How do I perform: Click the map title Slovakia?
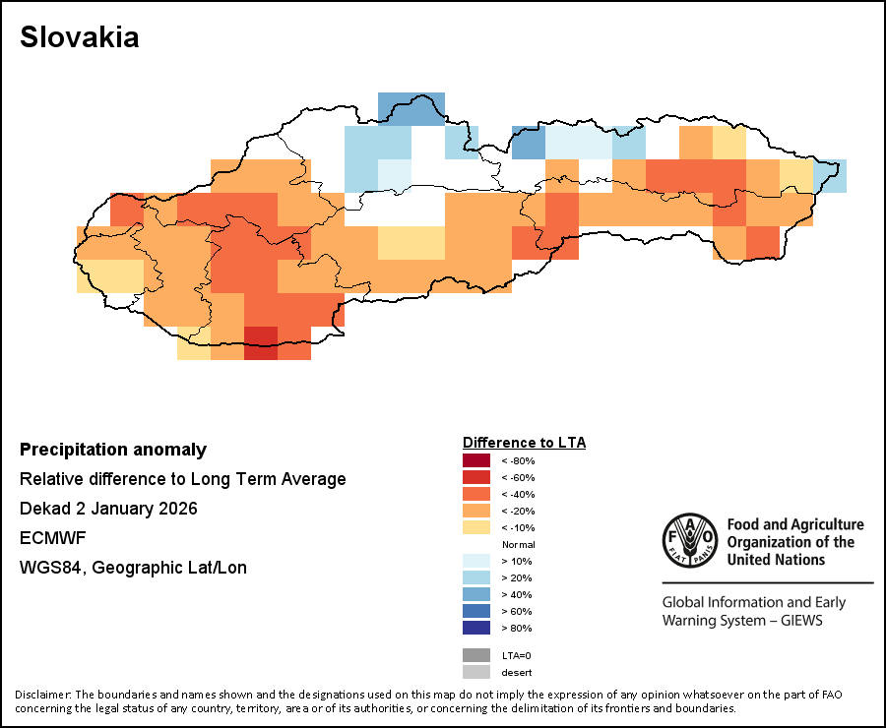pyautogui.click(x=80, y=37)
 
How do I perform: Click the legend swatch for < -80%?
pyautogui.click(x=476, y=460)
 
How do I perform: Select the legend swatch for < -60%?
pyautogui.click(x=476, y=477)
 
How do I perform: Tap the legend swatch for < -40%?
pyautogui.click(x=476, y=494)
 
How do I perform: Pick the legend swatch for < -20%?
pyautogui.click(x=476, y=511)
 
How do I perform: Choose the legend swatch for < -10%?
pyautogui.click(x=476, y=527)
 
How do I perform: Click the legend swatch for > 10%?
pyautogui.click(x=476, y=561)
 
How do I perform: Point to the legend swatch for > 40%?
pyautogui.click(x=476, y=594)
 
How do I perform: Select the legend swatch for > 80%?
pyautogui.click(x=476, y=628)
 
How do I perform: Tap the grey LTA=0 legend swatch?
pyautogui.click(x=476, y=655)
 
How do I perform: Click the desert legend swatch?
pyautogui.click(x=476, y=673)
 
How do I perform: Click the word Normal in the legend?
pyautogui.click(x=518, y=544)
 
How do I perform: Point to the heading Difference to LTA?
pyautogui.click(x=524, y=443)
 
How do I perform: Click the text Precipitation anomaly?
pyautogui.click(x=113, y=450)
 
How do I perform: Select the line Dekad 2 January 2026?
pyautogui.click(x=108, y=509)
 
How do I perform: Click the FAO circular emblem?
pyautogui.click(x=688, y=540)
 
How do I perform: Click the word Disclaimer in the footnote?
pyautogui.click(x=43, y=696)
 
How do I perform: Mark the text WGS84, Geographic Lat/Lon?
pyautogui.click(x=133, y=568)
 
